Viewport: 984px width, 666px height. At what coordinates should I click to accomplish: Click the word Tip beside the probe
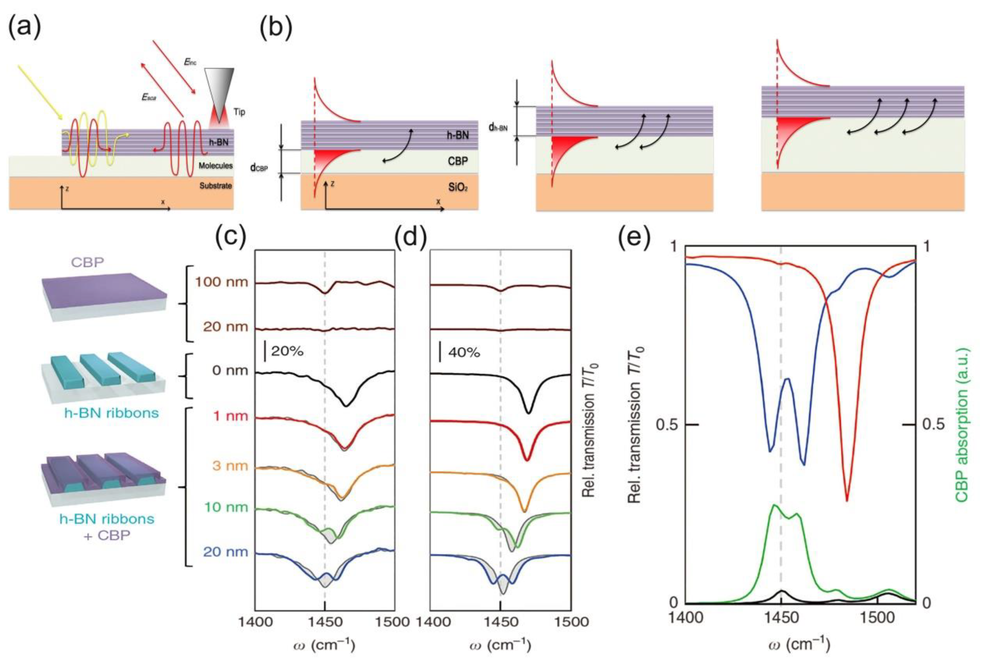tap(239, 112)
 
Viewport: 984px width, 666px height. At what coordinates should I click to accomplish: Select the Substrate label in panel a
tap(216, 185)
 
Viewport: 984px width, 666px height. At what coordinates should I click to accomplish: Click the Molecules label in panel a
tap(216, 166)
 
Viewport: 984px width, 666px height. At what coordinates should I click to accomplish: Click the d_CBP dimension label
tap(259, 168)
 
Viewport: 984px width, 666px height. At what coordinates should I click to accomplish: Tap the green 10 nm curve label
tap(226, 507)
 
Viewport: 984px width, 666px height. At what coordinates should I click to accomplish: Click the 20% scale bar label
tap(287, 351)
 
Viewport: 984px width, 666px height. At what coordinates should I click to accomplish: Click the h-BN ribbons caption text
tap(111, 413)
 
